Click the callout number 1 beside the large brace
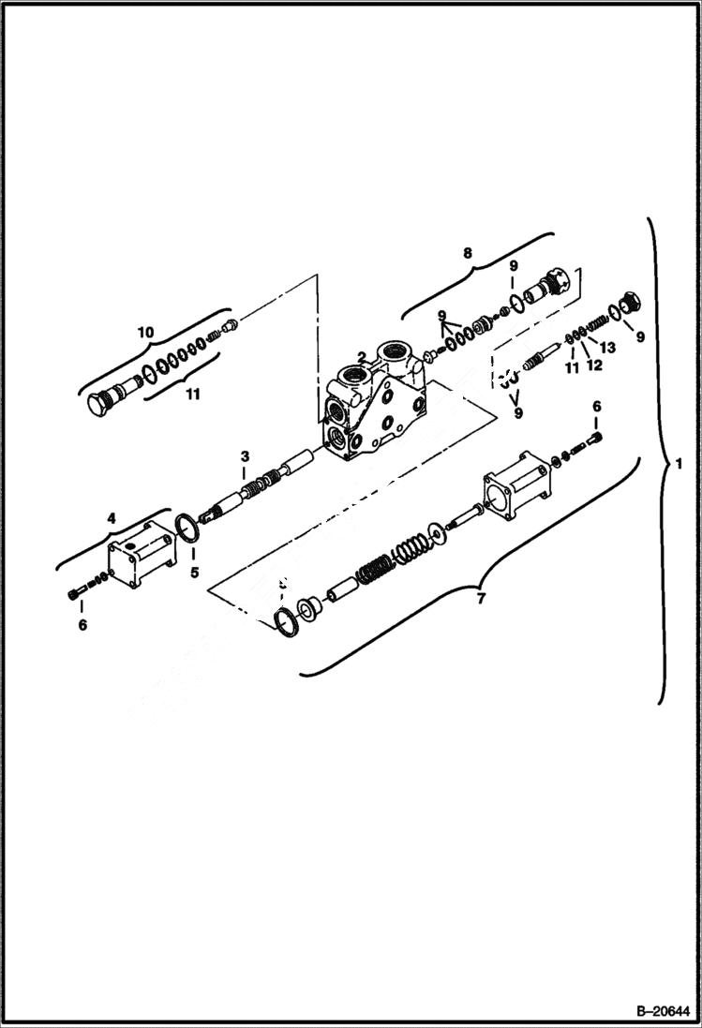[680, 464]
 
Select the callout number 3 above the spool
[244, 456]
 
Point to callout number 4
[111, 516]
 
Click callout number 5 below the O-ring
[195, 571]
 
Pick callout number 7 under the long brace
[481, 599]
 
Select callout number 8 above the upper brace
[467, 252]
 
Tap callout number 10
[145, 332]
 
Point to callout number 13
[607, 348]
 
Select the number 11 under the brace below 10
[191, 395]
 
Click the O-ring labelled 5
[187, 529]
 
